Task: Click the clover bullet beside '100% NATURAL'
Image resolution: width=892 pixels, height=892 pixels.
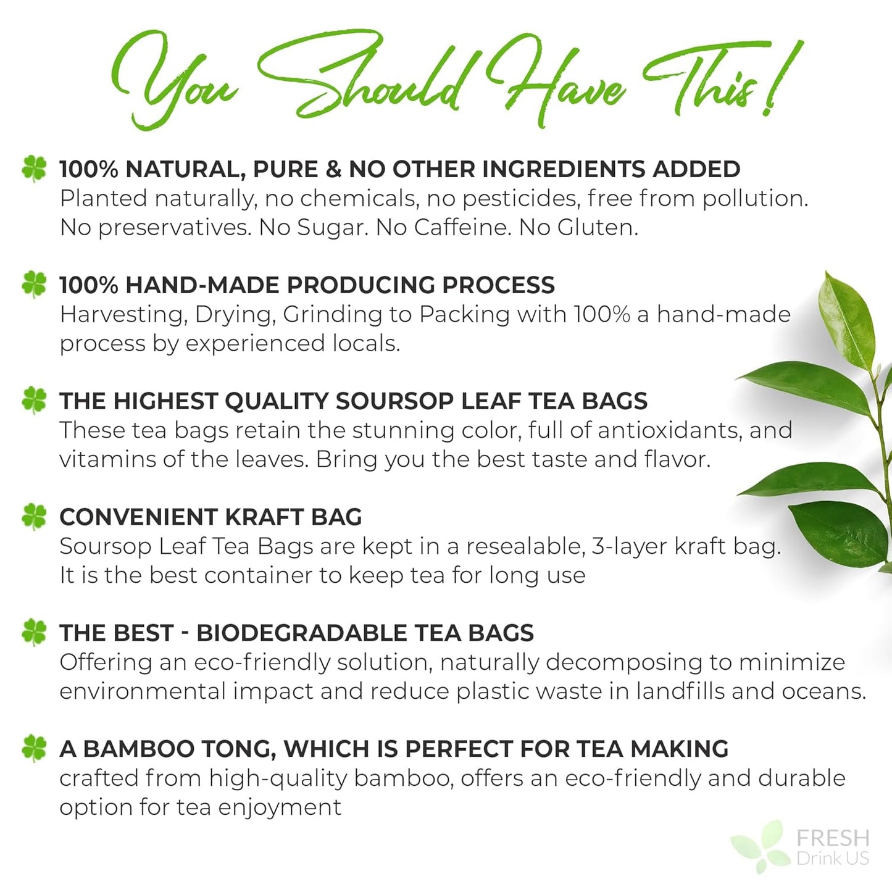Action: (x=34, y=169)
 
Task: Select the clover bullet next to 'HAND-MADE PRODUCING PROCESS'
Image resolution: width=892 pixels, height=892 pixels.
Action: (x=34, y=285)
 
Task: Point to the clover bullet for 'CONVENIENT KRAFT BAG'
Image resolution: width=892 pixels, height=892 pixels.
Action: (x=34, y=517)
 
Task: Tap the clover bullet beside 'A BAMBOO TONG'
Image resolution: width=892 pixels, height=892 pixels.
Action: (x=34, y=748)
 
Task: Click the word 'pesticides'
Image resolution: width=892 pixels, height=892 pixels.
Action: (x=521, y=199)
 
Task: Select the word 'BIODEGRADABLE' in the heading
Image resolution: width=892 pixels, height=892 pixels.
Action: (x=301, y=633)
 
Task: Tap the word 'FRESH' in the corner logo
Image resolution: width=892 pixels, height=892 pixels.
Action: (x=833, y=838)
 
